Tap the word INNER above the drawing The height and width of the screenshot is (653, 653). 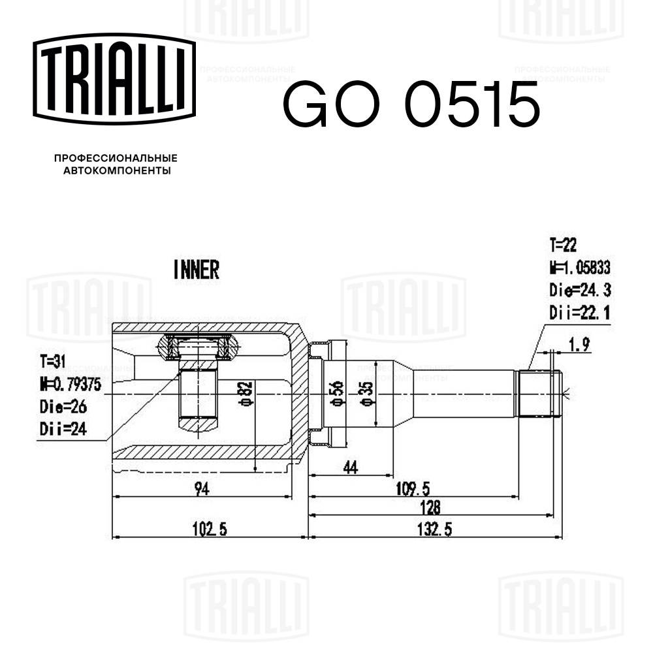[196, 269]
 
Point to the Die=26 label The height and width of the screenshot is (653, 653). [63, 406]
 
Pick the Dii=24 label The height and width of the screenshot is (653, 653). [63, 428]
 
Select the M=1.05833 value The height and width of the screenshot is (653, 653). [580, 268]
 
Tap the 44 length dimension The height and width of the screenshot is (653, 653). [351, 467]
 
